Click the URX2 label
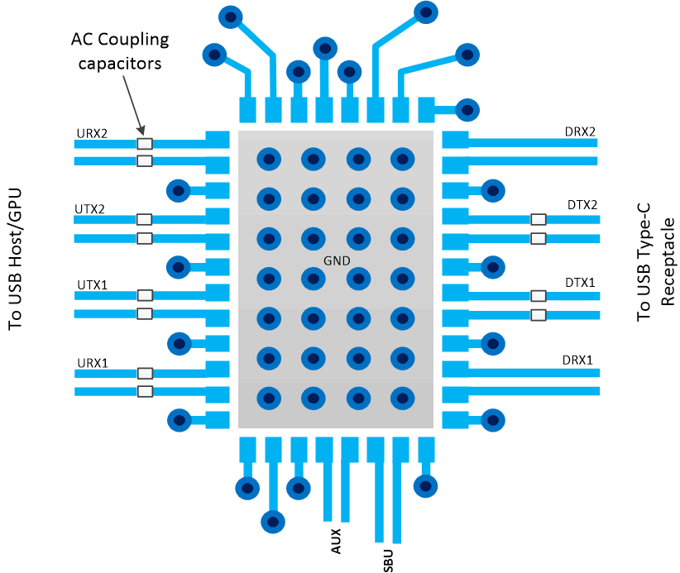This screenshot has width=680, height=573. pyautogui.click(x=92, y=131)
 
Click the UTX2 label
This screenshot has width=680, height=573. pyautogui.click(x=91, y=208)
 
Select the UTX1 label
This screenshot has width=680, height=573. pyautogui.click(x=92, y=284)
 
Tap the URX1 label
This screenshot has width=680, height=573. pyautogui.click(x=92, y=362)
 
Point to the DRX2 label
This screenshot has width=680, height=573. pyautogui.click(x=580, y=131)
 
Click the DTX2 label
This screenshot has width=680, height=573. pyautogui.click(x=581, y=205)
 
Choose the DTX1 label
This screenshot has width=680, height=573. pyautogui.click(x=581, y=282)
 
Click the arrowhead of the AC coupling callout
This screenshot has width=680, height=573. pyautogui.click(x=142, y=132)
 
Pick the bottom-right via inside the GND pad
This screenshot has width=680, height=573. pyautogui.click(x=402, y=397)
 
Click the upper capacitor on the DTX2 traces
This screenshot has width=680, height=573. pyautogui.click(x=539, y=220)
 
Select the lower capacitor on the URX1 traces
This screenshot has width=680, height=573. pyautogui.click(x=145, y=392)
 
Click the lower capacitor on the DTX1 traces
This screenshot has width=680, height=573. pyautogui.click(x=539, y=315)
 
